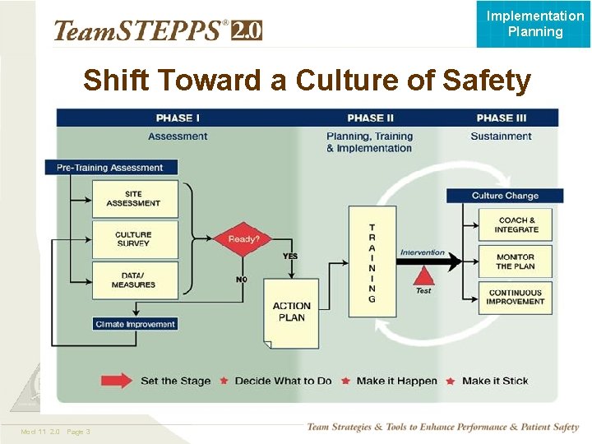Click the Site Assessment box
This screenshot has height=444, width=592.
click(133, 199)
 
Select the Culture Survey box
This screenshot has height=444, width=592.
click(133, 239)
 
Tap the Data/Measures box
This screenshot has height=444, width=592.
click(133, 280)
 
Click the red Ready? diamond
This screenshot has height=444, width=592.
click(243, 239)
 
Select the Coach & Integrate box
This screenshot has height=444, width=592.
click(516, 224)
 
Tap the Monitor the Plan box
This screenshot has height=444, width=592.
click(516, 261)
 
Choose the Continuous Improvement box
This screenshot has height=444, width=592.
click(516, 297)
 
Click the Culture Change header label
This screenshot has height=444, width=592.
click(505, 196)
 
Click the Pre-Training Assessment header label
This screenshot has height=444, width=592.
click(110, 168)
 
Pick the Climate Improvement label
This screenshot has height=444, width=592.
click(136, 324)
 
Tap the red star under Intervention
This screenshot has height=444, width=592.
click(423, 278)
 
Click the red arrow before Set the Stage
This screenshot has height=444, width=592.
click(117, 381)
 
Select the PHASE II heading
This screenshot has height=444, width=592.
click(371, 118)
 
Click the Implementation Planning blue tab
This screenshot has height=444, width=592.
click(534, 24)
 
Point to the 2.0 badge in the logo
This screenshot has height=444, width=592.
click(247, 31)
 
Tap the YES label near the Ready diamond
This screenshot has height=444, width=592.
click(290, 257)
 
